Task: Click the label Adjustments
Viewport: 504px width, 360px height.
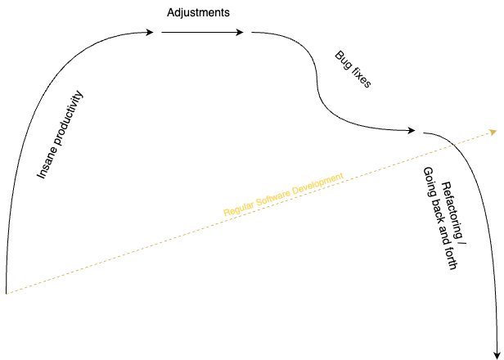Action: tap(197, 13)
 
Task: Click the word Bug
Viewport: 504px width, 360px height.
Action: tap(343, 61)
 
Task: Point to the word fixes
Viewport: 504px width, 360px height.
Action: tap(359, 79)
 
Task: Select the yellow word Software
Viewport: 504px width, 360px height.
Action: tap(273, 196)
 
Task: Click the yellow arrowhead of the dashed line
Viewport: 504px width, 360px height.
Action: tap(493, 131)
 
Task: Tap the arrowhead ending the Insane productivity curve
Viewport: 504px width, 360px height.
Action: tap(150, 33)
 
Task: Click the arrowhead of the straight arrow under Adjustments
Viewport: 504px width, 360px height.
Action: tap(240, 33)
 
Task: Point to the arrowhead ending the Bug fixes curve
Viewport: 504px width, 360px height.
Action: tap(413, 131)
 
